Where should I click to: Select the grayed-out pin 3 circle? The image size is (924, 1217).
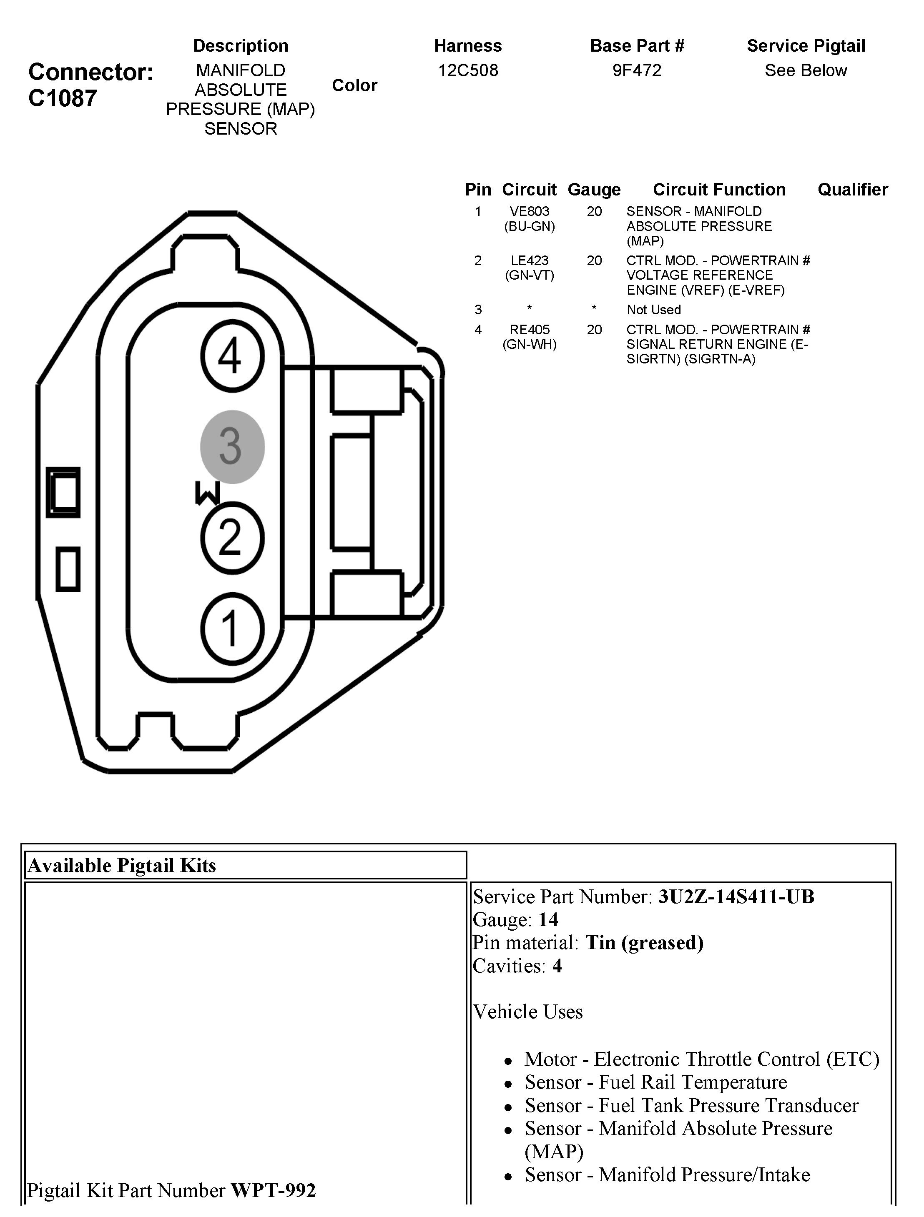click(x=232, y=447)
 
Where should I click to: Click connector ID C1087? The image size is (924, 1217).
click(x=63, y=98)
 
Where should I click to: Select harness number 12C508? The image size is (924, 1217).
click(x=468, y=70)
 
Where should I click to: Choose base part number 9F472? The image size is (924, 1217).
click(x=637, y=70)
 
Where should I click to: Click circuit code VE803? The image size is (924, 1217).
click(x=530, y=211)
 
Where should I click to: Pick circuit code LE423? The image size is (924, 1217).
click(x=530, y=260)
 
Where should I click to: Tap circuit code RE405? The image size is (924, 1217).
click(x=530, y=330)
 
